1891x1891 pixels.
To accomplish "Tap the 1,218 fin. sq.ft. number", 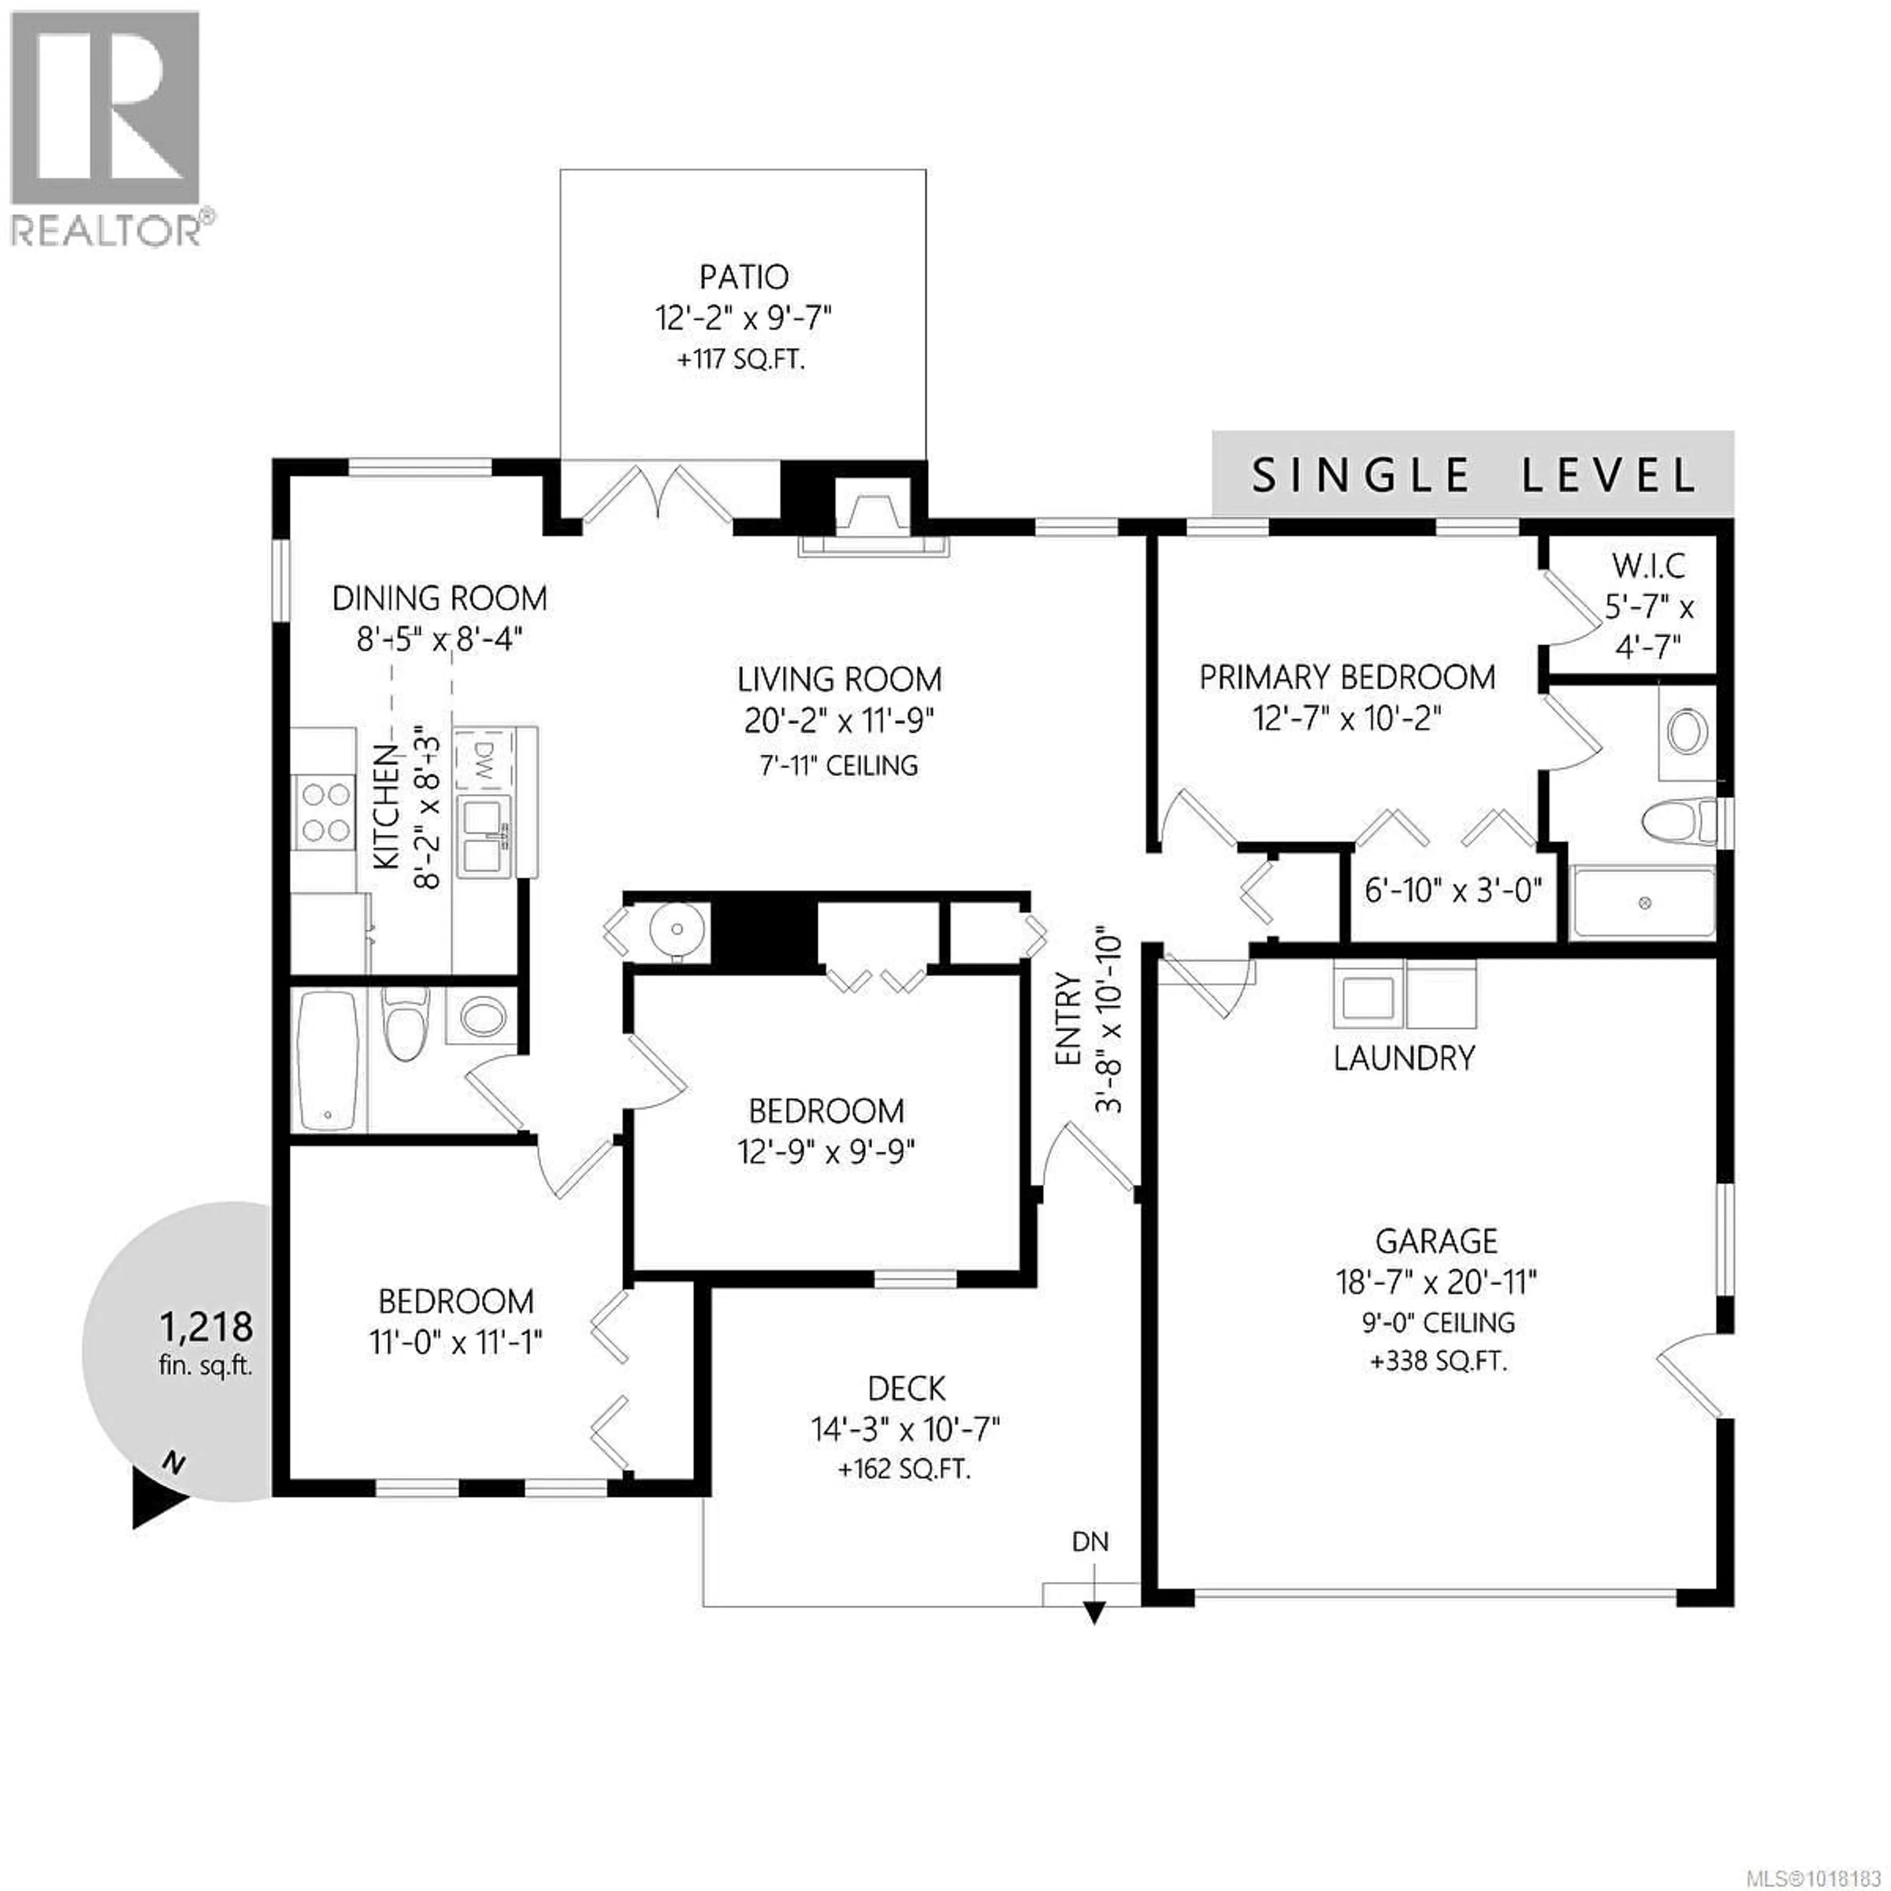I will (x=206, y=1327).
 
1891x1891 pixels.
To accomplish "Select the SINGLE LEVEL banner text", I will (x=1473, y=476).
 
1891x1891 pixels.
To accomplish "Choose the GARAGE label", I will (x=1436, y=1241).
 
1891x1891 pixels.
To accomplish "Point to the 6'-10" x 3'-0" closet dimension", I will (x=1453, y=890).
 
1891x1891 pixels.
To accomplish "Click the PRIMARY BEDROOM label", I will (x=1347, y=677).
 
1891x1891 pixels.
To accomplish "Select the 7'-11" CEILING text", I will (x=839, y=765).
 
